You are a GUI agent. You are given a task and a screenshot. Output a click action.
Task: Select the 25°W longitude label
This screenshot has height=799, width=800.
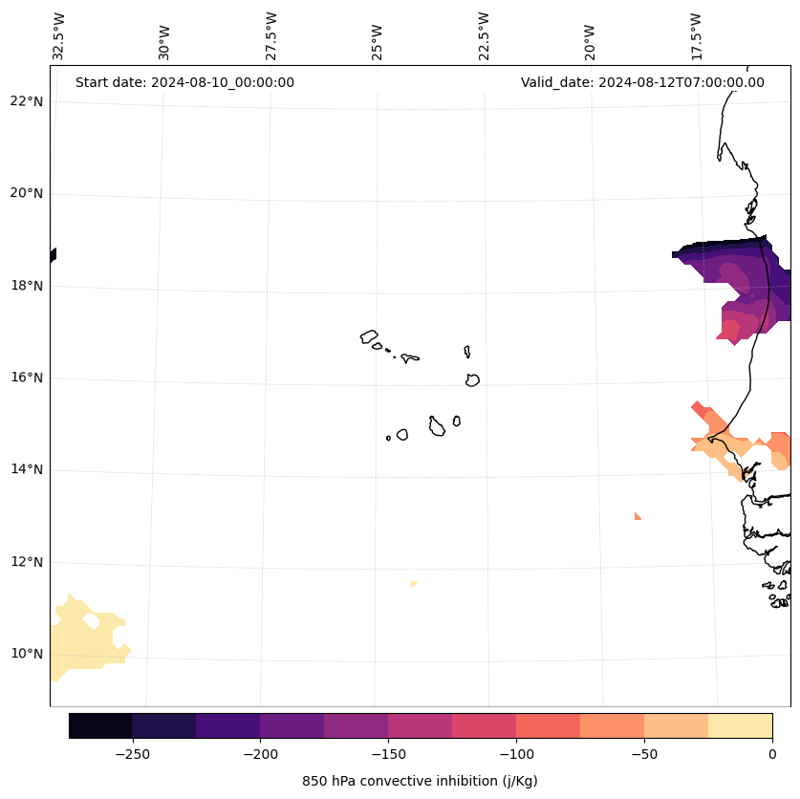(x=378, y=35)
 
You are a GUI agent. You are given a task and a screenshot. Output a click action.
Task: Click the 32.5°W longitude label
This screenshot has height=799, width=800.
(x=59, y=35)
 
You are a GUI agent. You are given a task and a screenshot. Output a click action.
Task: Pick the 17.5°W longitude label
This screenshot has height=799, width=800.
(x=696, y=35)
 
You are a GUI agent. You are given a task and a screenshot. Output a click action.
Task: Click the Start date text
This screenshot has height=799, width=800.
(x=184, y=82)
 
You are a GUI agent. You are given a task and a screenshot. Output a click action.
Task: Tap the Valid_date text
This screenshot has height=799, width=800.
(x=642, y=82)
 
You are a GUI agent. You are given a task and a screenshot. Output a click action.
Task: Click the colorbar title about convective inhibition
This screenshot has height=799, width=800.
(x=420, y=781)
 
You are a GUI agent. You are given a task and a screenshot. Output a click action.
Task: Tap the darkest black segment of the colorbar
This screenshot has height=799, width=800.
(x=100, y=725)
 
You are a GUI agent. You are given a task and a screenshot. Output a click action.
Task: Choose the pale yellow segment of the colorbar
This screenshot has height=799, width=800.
(x=740, y=725)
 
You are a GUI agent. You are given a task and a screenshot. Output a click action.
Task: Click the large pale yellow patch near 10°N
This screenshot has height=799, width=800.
(x=81, y=638)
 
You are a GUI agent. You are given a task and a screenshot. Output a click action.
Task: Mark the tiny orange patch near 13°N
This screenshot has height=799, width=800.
(x=637, y=517)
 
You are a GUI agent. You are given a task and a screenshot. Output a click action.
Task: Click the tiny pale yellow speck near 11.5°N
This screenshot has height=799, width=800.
(x=413, y=584)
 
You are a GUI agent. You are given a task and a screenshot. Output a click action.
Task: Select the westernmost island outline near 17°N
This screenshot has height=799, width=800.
(x=369, y=336)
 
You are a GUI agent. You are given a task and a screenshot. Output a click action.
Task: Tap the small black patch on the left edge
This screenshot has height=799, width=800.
(x=53, y=255)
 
